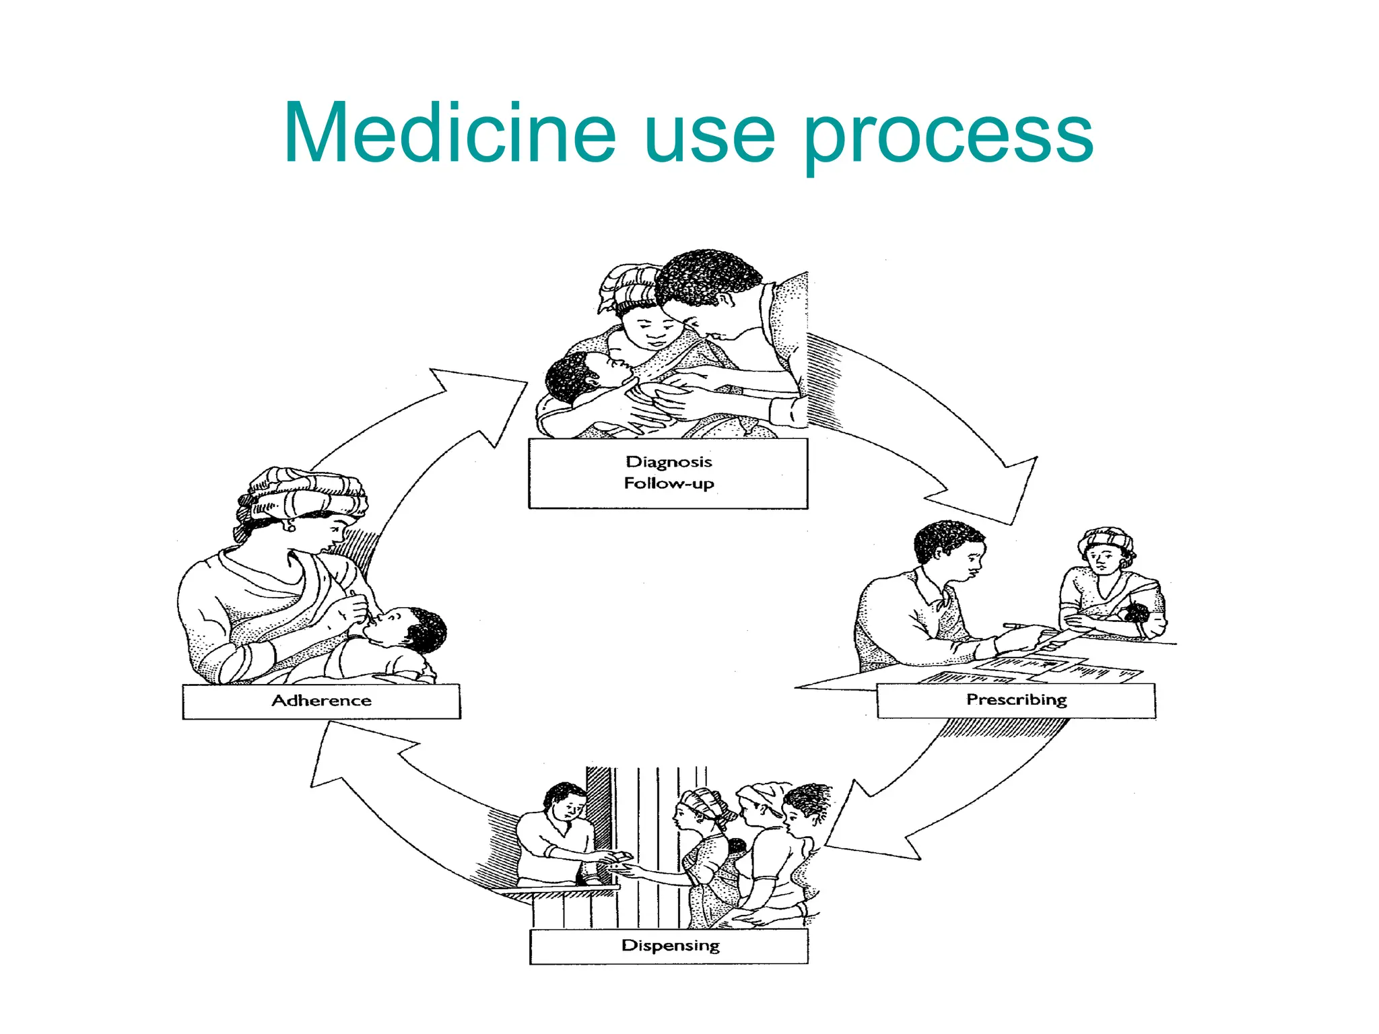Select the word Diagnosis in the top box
[x=669, y=462]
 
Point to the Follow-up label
[x=669, y=483]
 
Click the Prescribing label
[x=1016, y=700]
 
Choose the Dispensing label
[x=670, y=946]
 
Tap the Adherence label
[x=321, y=701]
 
